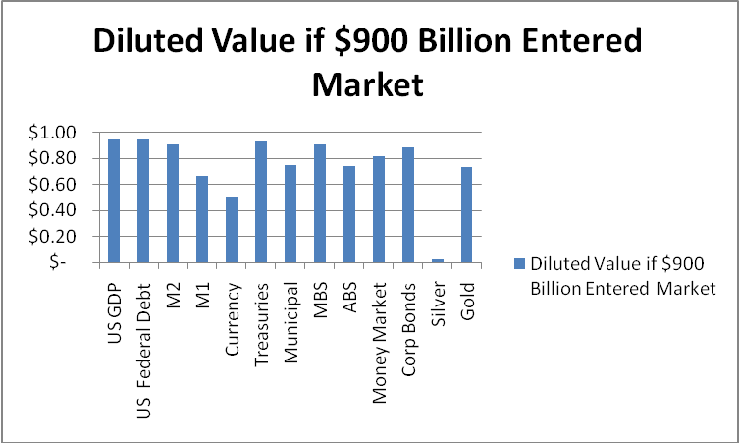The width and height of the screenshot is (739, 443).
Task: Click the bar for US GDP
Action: click(113, 201)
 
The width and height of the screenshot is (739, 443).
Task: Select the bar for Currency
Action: click(232, 230)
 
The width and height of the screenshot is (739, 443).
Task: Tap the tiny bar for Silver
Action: click(438, 260)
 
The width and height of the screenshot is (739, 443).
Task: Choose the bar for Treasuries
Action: click(261, 202)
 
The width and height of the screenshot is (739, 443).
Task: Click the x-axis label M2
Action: click(173, 285)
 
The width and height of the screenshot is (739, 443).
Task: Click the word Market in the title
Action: click(367, 84)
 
